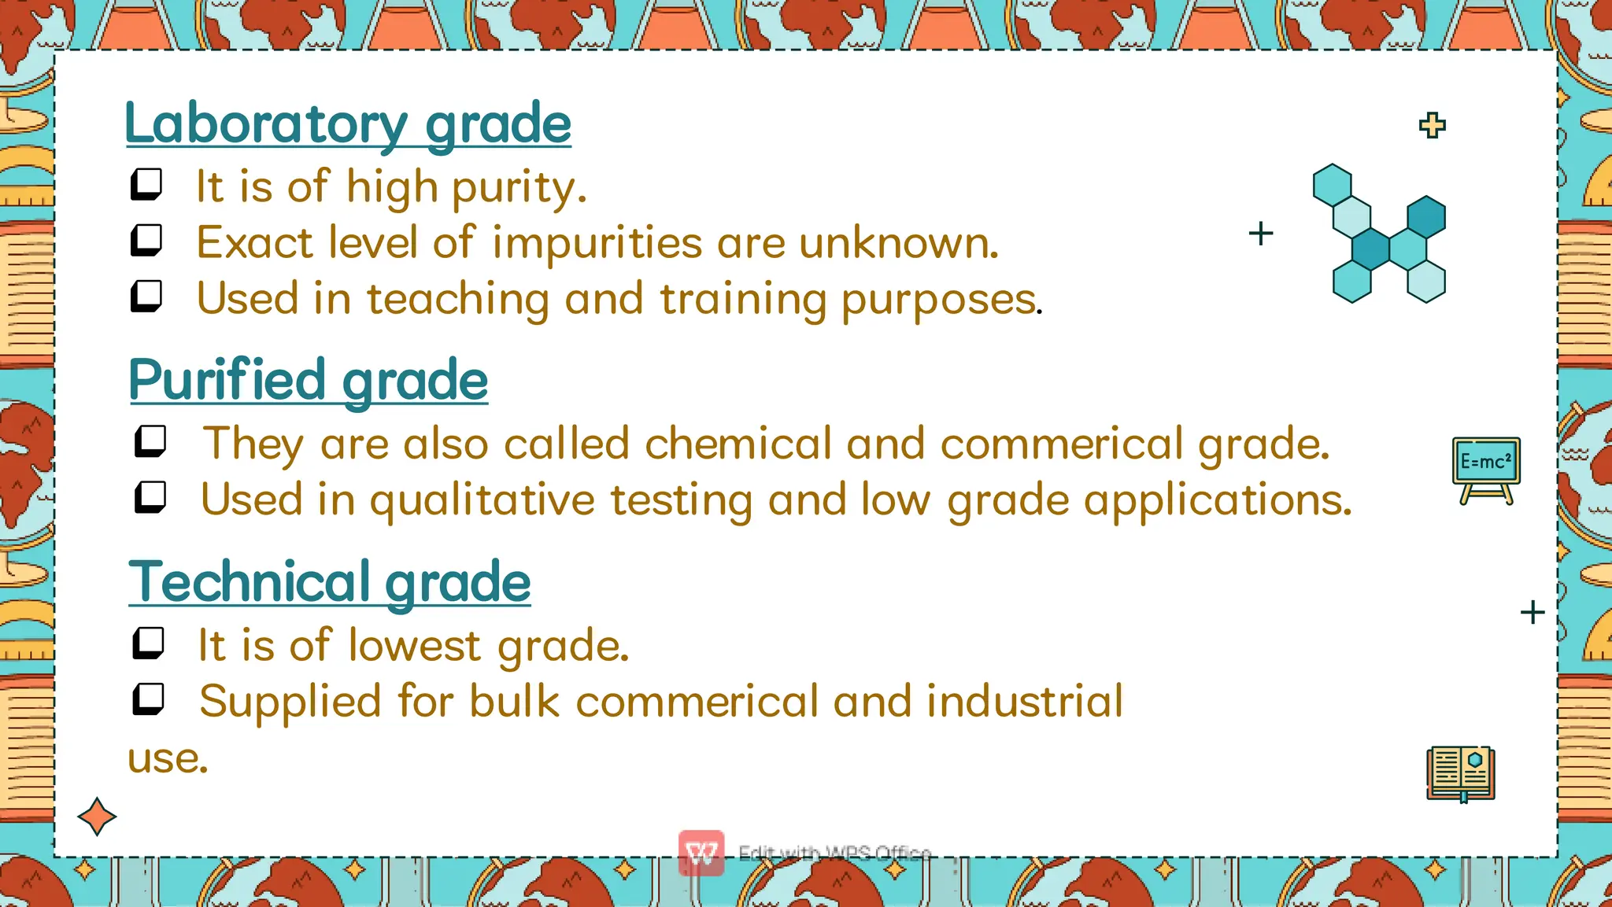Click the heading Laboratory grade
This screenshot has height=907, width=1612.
[348, 124]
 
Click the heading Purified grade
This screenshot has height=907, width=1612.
[308, 381]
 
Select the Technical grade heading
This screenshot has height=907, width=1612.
[329, 582]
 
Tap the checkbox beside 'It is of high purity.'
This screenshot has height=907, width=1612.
[146, 184]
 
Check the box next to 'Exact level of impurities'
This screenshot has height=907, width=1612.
[146, 240]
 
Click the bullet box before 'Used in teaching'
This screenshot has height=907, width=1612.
[146, 296]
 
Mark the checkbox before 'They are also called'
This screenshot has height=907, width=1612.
[150, 441]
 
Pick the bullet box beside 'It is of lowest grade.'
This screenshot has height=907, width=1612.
[148, 643]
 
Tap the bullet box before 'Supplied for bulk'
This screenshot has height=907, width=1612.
[148, 699]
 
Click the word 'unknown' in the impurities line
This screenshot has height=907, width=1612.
[897, 242]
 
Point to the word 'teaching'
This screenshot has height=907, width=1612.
[458, 299]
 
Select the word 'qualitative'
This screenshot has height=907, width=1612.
[482, 500]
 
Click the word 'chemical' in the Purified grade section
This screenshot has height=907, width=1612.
[738, 444]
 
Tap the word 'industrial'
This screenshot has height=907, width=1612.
[1024, 701]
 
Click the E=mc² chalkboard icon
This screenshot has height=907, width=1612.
[1485, 470]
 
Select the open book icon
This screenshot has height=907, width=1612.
[1461, 774]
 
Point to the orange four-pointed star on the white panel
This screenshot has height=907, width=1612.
[97, 817]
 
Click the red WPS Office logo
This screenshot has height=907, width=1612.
[701, 853]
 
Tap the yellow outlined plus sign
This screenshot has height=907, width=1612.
[1432, 125]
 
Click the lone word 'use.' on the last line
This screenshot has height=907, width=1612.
[168, 758]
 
